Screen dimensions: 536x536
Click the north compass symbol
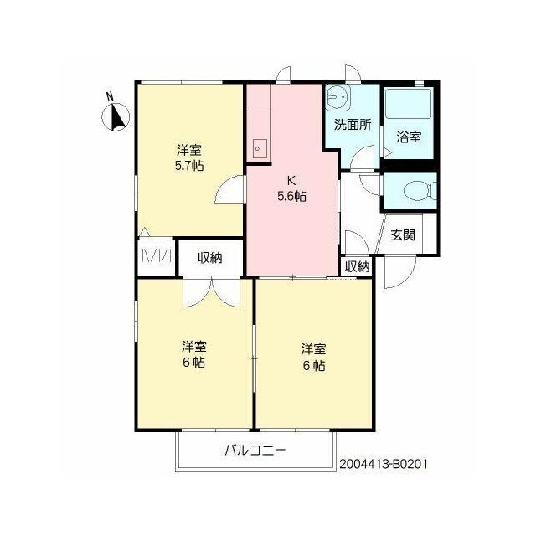pyautogui.click(x=116, y=117)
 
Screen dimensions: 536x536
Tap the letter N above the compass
pyautogui.click(x=110, y=97)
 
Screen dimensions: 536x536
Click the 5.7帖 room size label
pyautogui.click(x=189, y=166)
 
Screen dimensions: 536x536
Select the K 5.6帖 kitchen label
pyautogui.click(x=291, y=188)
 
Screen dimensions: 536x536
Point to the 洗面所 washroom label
pyautogui.click(x=353, y=125)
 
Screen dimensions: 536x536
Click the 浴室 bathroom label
pyautogui.click(x=409, y=137)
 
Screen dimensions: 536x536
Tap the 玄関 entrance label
pyautogui.click(x=403, y=234)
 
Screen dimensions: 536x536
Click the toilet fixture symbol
pyautogui.click(x=420, y=191)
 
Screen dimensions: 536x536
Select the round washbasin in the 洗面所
pyautogui.click(x=337, y=97)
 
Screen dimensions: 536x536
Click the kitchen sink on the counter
pyautogui.click(x=260, y=149)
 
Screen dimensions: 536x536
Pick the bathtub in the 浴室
pyautogui.click(x=409, y=104)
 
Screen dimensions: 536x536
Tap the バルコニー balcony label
pyautogui.click(x=255, y=451)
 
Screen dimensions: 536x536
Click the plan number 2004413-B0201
pyautogui.click(x=384, y=464)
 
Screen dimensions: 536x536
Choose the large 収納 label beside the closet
pyautogui.click(x=210, y=258)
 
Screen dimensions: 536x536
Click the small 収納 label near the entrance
pyautogui.click(x=358, y=266)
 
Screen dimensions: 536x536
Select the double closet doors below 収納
pyautogui.click(x=212, y=292)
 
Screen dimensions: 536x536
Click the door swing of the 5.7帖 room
pyautogui.click(x=229, y=190)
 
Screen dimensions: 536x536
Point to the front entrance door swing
pyautogui.click(x=400, y=271)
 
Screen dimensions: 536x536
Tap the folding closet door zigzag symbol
pyautogui.click(x=157, y=255)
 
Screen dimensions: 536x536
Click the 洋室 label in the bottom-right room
pyautogui.click(x=313, y=349)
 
